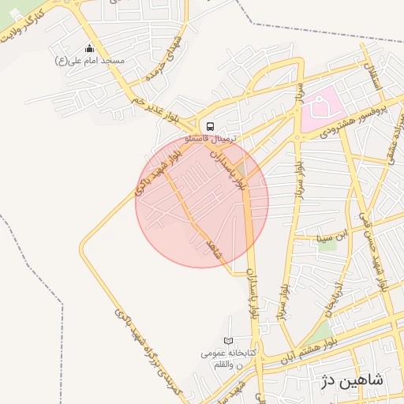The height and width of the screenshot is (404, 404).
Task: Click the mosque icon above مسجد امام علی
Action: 89,49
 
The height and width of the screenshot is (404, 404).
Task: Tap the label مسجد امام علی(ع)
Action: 89,60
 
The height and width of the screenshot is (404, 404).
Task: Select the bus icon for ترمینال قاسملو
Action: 210,125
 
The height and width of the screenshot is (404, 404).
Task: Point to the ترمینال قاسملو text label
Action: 210,137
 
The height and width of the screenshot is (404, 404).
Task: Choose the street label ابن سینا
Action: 331,234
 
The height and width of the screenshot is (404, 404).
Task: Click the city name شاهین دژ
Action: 352,380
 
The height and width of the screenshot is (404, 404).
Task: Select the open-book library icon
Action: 229,341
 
